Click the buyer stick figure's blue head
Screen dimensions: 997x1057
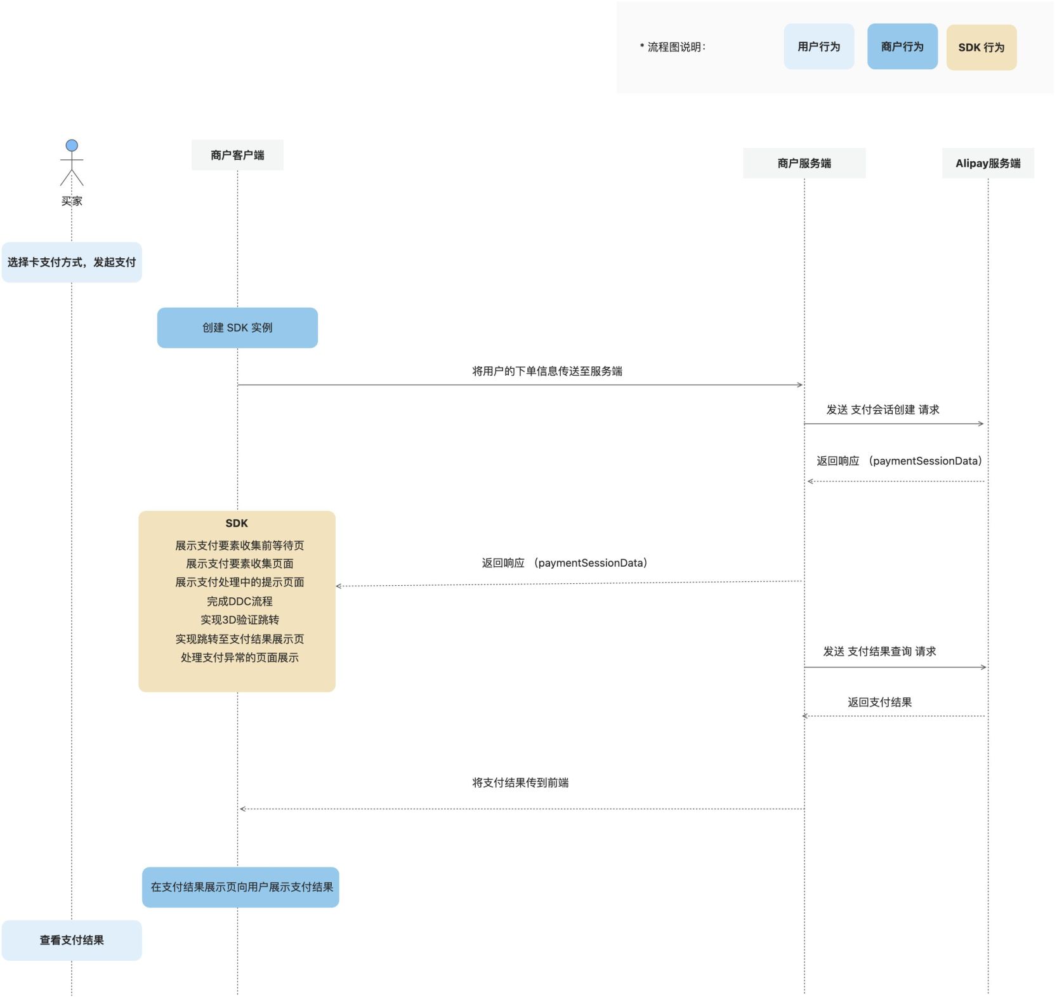72,145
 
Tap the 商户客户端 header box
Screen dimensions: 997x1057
237,155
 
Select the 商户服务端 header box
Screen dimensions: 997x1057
804,163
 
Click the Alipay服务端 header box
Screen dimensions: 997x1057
987,163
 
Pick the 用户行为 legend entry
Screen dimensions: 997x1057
818,46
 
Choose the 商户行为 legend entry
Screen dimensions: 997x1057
902,46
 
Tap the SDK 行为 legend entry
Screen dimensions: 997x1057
981,47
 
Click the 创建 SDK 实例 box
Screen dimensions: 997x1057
237,327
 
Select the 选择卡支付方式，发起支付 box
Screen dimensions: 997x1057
72,262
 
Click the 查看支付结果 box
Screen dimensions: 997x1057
72,940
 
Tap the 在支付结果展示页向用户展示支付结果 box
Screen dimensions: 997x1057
240,887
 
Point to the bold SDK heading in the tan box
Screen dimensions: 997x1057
237,523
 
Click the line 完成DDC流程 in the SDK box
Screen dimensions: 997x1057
239,601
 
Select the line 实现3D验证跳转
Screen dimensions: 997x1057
239,619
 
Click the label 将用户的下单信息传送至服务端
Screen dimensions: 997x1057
547,371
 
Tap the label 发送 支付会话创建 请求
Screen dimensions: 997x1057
883,410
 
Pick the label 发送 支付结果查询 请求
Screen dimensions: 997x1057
879,651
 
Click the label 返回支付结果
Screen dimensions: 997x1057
879,702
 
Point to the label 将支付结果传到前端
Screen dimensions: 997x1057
520,782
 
